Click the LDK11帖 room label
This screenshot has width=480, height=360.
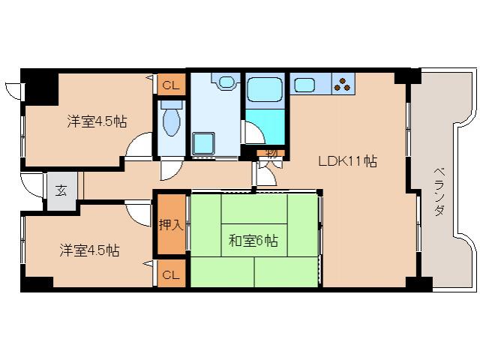tap(347, 160)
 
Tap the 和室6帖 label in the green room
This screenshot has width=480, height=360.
tap(253, 241)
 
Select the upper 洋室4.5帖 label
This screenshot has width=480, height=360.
tap(95, 120)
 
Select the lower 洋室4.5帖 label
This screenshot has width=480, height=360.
tap(90, 250)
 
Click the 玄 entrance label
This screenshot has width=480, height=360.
tap(61, 188)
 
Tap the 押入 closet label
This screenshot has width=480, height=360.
tap(170, 223)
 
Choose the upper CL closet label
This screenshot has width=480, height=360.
tap(170, 85)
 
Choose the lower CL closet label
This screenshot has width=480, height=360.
tap(170, 274)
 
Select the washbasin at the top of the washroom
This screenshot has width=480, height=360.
tap(224, 81)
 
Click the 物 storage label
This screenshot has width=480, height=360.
tap(271, 153)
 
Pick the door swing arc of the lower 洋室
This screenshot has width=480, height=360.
tap(139, 212)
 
